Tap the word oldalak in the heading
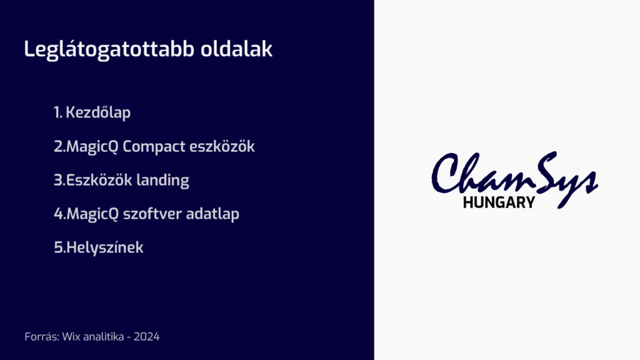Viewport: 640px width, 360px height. click(237, 50)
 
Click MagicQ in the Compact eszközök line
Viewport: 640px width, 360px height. click(91, 147)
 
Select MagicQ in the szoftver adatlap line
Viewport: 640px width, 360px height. click(91, 214)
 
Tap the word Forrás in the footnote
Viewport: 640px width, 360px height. click(41, 337)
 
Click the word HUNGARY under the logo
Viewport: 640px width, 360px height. click(499, 202)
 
